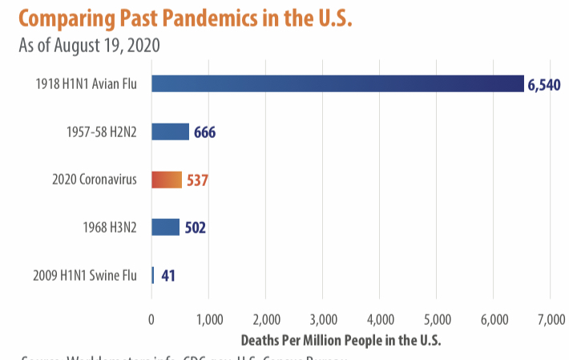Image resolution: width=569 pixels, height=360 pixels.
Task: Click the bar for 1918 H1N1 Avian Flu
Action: [337, 83]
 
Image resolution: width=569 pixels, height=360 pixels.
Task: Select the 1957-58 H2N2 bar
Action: [170, 131]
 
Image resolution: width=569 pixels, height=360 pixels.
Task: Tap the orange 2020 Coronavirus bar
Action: [167, 180]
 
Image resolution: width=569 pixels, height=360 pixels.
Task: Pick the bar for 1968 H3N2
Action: [165, 228]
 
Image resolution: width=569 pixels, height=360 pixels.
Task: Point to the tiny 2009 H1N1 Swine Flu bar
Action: [153, 276]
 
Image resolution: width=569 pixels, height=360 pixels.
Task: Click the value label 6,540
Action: [544, 84]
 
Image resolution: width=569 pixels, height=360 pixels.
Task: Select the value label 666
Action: [204, 132]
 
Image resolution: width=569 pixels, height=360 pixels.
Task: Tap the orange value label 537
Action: [197, 180]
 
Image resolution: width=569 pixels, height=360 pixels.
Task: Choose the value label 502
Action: [195, 229]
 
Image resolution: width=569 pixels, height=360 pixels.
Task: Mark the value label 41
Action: [168, 277]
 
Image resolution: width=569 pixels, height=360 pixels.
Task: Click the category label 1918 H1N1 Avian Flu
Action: [86, 83]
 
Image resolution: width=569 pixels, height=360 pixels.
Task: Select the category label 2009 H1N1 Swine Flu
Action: [85, 276]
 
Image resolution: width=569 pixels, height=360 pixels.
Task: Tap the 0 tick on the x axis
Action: [151, 320]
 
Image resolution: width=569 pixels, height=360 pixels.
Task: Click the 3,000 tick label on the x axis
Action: [322, 320]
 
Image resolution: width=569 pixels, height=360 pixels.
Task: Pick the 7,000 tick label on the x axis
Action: [551, 320]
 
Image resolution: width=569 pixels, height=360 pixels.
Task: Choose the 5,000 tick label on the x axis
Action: [437, 320]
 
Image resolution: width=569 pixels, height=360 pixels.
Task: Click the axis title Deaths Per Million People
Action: [341, 340]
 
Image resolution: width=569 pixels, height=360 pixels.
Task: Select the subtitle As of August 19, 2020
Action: [89, 44]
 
